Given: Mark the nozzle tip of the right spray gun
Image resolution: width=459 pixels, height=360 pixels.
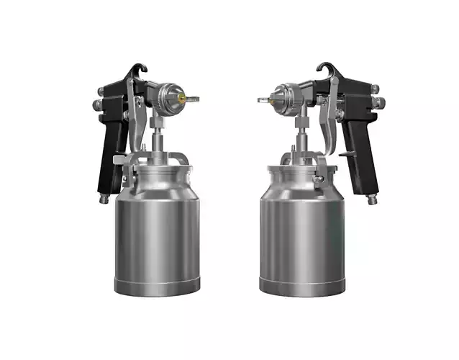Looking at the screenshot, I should (x=263, y=99).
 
